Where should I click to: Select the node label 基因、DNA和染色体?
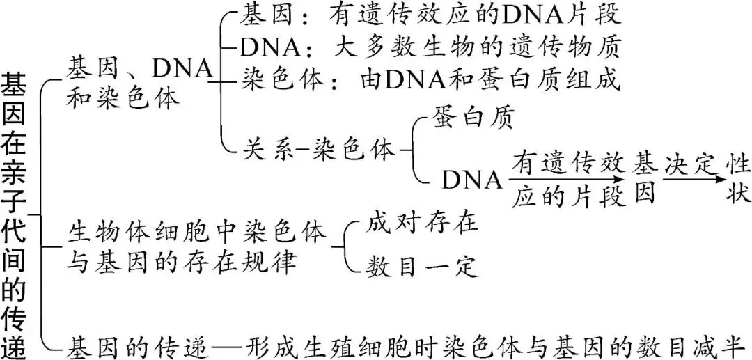click(x=139, y=82)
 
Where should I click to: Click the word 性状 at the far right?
click(x=737, y=179)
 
